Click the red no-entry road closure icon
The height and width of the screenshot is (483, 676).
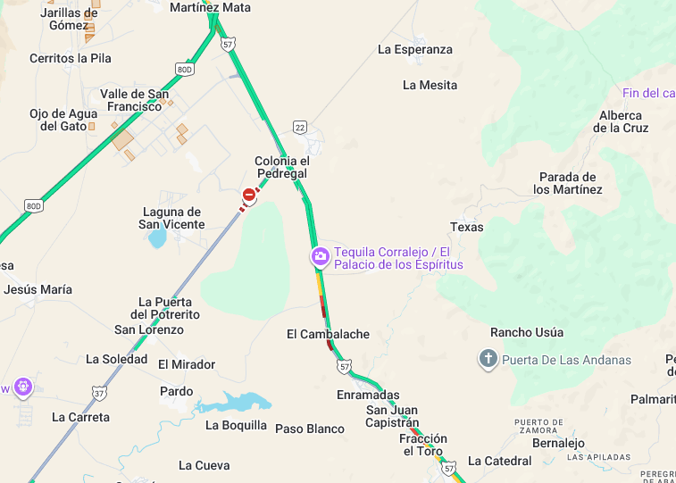(248, 194)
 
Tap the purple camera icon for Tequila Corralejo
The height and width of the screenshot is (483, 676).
(320, 257)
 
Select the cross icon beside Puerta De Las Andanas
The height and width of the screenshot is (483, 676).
(488, 360)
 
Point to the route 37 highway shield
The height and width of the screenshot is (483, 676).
(97, 392)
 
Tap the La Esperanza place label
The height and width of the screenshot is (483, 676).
(415, 50)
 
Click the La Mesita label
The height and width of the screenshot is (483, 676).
(430, 86)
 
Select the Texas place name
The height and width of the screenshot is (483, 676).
(466, 227)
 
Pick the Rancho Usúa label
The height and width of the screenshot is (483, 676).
(527, 332)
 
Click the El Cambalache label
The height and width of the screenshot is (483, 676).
(328, 334)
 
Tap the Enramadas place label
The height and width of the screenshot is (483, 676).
(368, 395)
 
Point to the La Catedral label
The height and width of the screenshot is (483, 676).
(499, 462)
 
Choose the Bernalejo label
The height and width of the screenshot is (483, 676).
(558, 443)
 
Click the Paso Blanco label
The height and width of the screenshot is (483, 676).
(309, 429)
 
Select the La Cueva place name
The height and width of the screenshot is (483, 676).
(204, 465)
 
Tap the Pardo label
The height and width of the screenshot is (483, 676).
(176, 391)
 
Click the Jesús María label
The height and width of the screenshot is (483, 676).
(38, 289)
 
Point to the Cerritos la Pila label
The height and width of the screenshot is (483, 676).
(71, 58)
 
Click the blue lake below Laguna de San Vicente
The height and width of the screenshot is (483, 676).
(157, 238)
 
